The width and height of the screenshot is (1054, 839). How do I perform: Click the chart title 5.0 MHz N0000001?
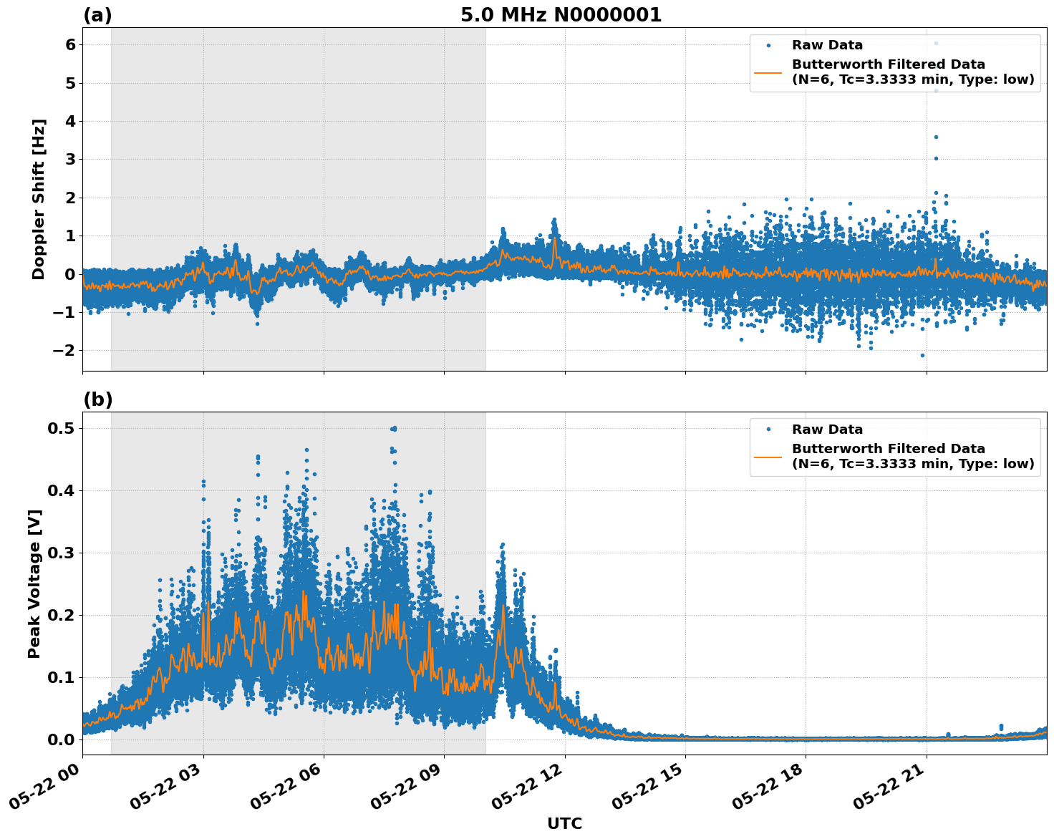tap(561, 15)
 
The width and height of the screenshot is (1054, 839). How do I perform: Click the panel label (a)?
tap(97, 15)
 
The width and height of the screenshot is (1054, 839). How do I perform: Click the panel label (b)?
tap(98, 399)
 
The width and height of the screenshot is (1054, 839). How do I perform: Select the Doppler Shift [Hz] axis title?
tap(39, 199)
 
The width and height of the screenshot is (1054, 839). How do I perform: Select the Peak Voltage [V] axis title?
tap(34, 583)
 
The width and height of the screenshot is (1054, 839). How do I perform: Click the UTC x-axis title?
tap(564, 823)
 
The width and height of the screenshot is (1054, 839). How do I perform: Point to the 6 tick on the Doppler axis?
tap(70, 44)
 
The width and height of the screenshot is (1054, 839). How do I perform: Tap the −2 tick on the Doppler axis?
tap(65, 350)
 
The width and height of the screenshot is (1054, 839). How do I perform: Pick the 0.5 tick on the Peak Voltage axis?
tap(63, 428)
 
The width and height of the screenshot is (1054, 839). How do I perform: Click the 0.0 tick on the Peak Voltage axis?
tap(63, 739)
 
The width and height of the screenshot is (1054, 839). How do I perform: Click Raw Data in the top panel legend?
tap(827, 45)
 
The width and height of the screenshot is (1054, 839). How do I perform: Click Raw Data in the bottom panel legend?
tap(827, 430)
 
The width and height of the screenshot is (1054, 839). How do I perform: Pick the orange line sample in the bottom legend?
tap(768, 456)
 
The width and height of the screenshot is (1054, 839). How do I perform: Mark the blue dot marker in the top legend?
tap(768, 45)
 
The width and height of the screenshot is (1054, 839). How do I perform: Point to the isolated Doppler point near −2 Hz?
tap(922, 355)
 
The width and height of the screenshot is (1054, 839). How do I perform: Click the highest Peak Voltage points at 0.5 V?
tap(393, 429)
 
